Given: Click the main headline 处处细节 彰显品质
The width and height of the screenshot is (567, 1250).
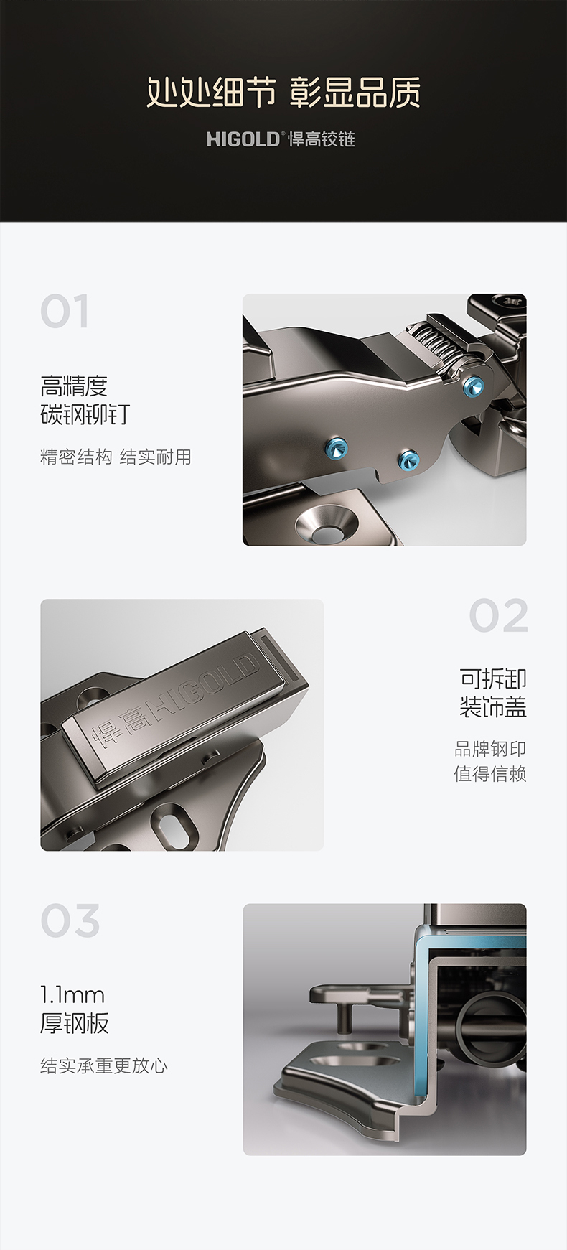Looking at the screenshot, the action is coord(283,93).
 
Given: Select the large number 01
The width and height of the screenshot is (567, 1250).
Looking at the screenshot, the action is coord(65,312).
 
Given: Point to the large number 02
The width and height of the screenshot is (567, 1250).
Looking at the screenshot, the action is coord(499,616).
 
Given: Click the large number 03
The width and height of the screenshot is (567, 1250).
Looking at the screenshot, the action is coord(70,921).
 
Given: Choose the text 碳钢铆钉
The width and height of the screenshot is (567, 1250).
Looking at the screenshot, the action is coord(85,415).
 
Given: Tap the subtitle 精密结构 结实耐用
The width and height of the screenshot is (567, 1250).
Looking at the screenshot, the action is coord(116,457).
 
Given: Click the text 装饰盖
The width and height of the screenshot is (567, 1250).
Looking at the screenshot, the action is coord(493,707).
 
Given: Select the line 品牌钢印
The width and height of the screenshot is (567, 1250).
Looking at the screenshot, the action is coord(490,749).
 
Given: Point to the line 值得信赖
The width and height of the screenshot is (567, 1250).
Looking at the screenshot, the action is coord(490,774).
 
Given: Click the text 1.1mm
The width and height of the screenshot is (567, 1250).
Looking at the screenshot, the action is coord(72,995).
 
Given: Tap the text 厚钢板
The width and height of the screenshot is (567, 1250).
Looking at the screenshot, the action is coord(75,1023).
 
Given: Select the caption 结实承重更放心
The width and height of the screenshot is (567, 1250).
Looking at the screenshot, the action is coord(104,1065).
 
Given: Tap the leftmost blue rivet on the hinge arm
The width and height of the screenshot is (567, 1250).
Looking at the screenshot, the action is coord(337,448).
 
